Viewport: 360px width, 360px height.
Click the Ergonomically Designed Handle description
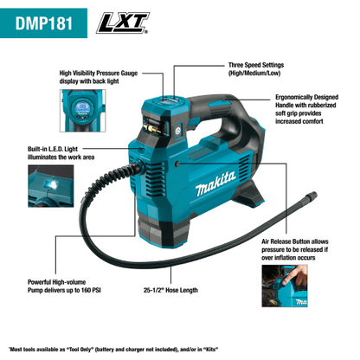[304, 113]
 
